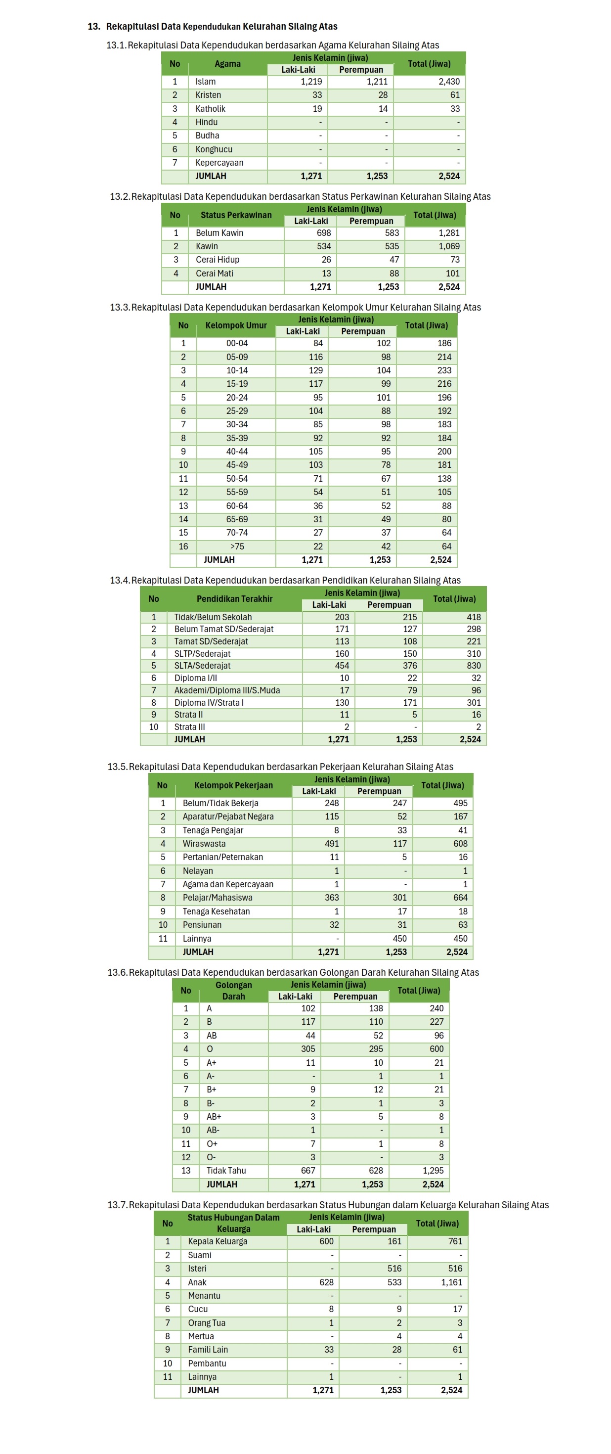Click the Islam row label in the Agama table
[x=205, y=81]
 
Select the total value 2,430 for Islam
[x=448, y=81]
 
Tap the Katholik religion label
[x=210, y=108]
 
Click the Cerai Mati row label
[x=215, y=273]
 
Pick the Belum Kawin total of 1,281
[x=448, y=232]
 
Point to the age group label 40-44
[x=237, y=452]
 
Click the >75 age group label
[x=237, y=546]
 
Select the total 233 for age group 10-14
[x=444, y=370]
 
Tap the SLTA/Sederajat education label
[x=202, y=666]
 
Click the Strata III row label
[x=189, y=727]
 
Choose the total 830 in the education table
[x=474, y=666]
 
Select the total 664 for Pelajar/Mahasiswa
[x=460, y=898]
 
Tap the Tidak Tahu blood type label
[x=226, y=1171]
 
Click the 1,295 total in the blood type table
[x=433, y=1171]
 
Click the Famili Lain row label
[x=208, y=1350]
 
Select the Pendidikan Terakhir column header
[x=234, y=599]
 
